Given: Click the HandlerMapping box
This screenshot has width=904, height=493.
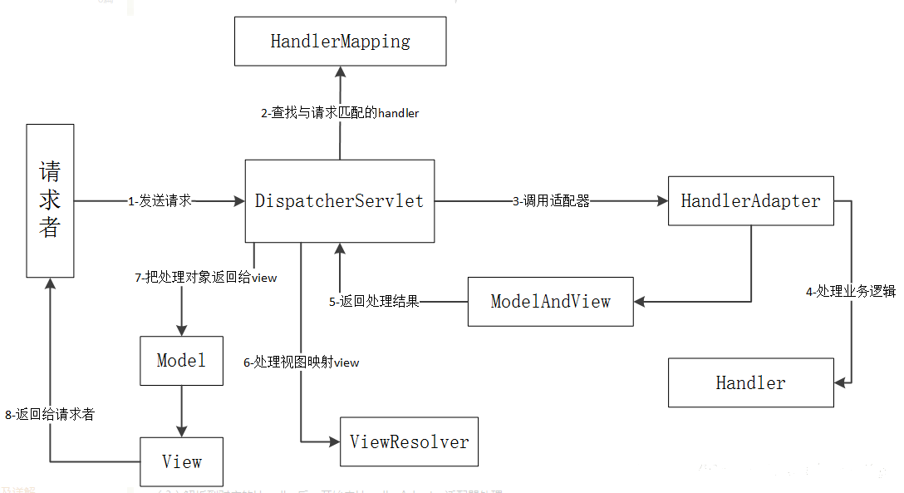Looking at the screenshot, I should tap(340, 42).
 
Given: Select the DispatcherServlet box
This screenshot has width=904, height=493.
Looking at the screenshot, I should tap(339, 201).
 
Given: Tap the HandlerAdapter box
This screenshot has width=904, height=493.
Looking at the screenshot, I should tap(750, 200).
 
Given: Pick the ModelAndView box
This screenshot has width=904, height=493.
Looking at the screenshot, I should tap(550, 301).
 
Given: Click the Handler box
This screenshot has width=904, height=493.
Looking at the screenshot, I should tap(750, 382).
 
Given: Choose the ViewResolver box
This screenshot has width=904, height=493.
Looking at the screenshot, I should tap(409, 441).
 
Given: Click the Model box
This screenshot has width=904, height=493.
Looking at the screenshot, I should tap(181, 360).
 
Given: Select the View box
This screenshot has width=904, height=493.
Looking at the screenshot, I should tap(181, 461).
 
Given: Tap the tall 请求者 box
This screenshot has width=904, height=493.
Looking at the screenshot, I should tap(50, 200).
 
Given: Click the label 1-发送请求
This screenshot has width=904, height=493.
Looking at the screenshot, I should tap(160, 201).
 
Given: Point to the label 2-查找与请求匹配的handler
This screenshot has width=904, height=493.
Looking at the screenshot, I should tap(339, 113).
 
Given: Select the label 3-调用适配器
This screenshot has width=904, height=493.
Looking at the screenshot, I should tap(551, 201).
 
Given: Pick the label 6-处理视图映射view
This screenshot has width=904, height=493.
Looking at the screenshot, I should tap(301, 362).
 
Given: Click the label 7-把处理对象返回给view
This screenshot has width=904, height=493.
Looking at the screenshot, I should tap(205, 278).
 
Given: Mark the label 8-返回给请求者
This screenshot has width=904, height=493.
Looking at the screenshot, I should tap(49, 414).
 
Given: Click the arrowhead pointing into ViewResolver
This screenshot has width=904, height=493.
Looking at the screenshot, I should tap(334, 441).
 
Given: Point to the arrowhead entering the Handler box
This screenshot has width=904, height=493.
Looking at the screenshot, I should tap(840, 382).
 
